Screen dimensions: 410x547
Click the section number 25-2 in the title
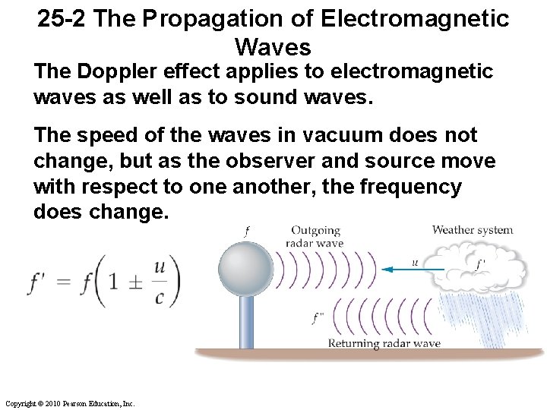64,19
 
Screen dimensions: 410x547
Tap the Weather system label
472,229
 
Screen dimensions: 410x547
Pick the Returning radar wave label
384,343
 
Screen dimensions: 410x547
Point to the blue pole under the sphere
246,323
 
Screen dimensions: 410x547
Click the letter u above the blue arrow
415,262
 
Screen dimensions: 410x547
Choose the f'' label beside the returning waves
318,318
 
